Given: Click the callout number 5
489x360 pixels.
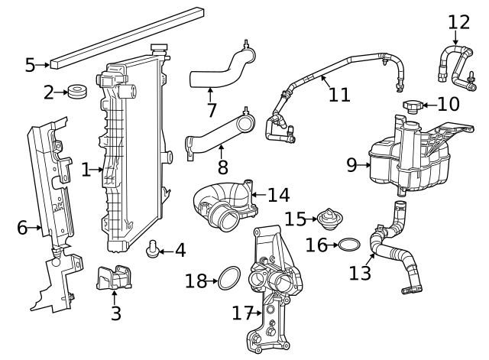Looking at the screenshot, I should pos(30,65).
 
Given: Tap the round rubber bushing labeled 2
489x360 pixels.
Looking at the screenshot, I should pos(76,92).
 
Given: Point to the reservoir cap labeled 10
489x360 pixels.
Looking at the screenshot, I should pos(413,104).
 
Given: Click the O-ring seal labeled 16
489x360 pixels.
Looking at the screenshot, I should pos(348,245).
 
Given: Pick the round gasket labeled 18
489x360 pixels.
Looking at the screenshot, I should pos(228,279).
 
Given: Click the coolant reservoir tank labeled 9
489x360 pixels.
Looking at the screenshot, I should pos(405,157).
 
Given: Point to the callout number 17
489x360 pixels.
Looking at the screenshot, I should pos(242,313).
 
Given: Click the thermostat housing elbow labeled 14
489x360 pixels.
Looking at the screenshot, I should pos(226,205).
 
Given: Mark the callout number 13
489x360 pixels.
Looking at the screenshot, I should pos(361,271).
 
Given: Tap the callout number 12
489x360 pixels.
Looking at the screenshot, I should pos(459,21).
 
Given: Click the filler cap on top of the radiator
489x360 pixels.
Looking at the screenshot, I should pos(160,49).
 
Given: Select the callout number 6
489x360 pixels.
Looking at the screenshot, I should pos(22,227).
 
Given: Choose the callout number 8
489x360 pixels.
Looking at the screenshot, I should pos(222,167).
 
